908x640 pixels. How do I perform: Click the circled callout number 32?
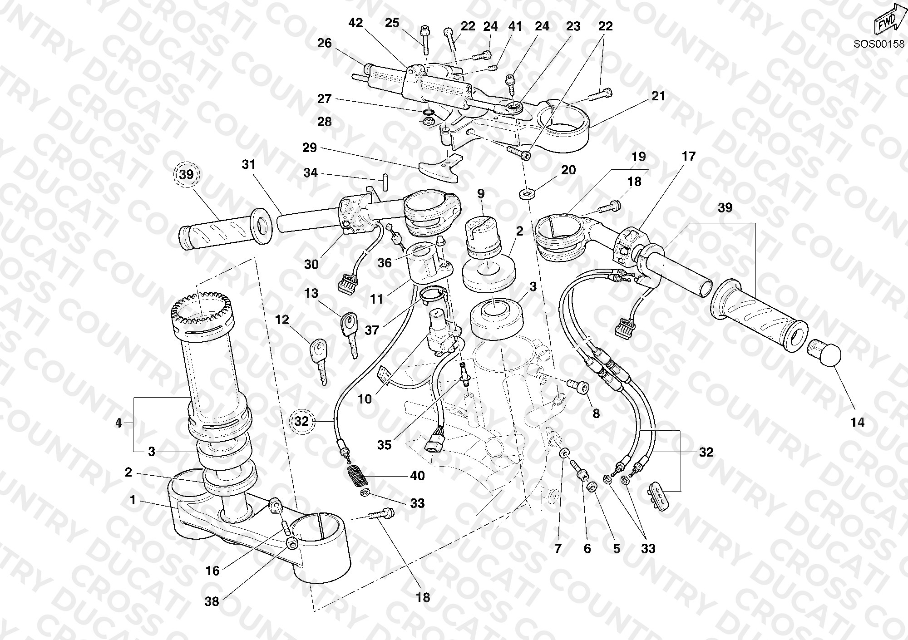pyautogui.click(x=301, y=421)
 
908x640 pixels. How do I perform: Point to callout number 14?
pyautogui.click(x=857, y=423)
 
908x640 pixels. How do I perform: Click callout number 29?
pyautogui.click(x=310, y=148)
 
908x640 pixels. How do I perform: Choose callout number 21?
pyautogui.click(x=658, y=96)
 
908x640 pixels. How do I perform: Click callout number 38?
pyautogui.click(x=212, y=601)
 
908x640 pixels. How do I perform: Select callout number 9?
pyautogui.click(x=481, y=193)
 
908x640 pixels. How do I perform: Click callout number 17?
pyautogui.click(x=689, y=157)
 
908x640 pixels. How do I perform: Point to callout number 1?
pyautogui.click(x=133, y=500)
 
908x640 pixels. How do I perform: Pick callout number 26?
pyautogui.click(x=325, y=43)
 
